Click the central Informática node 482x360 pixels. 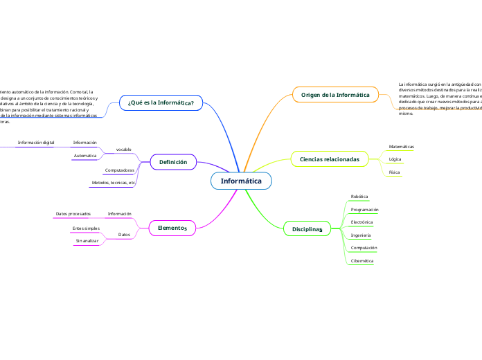241,181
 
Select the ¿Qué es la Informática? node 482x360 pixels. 161,102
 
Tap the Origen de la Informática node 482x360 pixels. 335,94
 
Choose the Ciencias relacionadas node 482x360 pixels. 329,159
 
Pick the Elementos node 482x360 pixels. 172,228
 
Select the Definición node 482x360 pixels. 173,162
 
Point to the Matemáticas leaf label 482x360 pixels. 402,147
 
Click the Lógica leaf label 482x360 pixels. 395,159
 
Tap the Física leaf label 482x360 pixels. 395,172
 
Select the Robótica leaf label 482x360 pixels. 359,197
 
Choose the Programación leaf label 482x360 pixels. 364,209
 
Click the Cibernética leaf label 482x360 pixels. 362,260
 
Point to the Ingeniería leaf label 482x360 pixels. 361,235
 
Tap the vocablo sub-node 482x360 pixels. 123,150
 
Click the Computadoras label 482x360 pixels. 119,170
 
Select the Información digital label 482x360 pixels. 36,143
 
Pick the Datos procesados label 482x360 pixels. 73,214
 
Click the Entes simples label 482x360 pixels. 86,228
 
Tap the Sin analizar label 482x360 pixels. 87,240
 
